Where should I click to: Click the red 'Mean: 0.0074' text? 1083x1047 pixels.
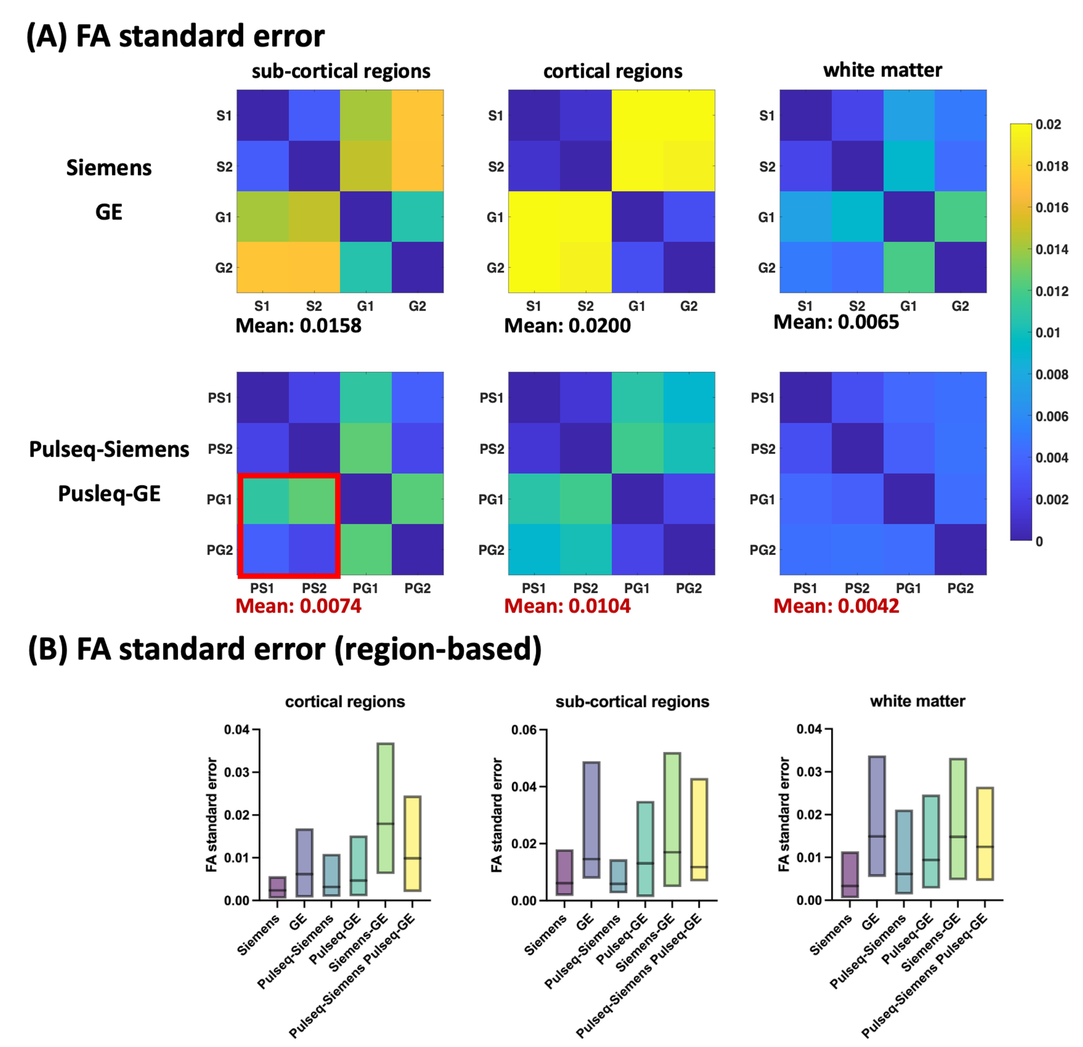click(298, 606)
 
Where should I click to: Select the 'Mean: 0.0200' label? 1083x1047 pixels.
click(568, 325)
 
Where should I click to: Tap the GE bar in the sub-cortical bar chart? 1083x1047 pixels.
click(591, 819)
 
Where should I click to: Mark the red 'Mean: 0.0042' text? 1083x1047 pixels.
click(836, 606)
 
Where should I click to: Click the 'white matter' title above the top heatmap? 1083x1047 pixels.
click(883, 70)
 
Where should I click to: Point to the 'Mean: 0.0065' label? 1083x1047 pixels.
click(836, 322)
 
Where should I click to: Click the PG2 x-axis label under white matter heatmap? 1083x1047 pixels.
click(960, 588)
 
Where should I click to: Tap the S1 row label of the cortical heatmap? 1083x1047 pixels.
click(496, 116)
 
